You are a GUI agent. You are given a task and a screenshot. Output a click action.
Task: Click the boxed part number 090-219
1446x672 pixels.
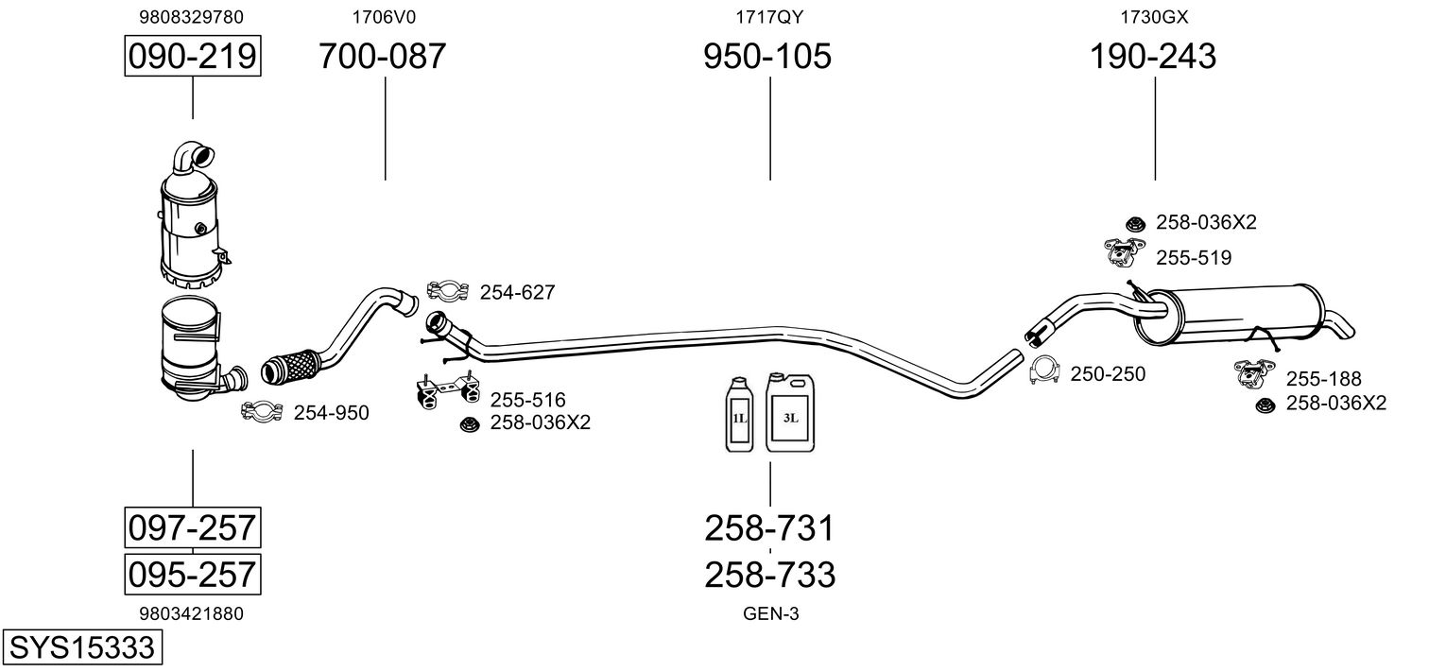point(192,57)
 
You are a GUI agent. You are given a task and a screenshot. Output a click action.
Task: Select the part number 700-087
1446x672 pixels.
point(382,57)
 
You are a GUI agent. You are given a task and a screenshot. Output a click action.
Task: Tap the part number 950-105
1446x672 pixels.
point(767,57)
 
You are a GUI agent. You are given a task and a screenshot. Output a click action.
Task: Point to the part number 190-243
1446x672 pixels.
point(1153,57)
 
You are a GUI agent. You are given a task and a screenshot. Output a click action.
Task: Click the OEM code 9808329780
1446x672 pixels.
point(191,17)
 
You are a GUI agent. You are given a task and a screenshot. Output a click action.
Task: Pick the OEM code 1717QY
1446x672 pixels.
point(769,17)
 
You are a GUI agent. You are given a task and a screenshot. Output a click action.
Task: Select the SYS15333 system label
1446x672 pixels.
point(81,647)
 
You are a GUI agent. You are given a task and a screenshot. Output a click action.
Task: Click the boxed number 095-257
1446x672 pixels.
point(192,574)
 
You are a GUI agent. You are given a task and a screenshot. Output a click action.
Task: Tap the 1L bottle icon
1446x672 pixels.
point(739,416)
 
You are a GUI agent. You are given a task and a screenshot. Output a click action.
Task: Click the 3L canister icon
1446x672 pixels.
point(790,416)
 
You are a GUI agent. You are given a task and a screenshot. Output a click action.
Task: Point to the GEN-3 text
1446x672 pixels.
point(771,614)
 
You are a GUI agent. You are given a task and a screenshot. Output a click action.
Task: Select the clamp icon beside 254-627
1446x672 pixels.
point(449,292)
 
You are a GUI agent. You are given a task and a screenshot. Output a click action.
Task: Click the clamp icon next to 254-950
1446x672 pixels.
point(263,411)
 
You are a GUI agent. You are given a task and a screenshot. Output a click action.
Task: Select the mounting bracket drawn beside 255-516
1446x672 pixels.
point(445,393)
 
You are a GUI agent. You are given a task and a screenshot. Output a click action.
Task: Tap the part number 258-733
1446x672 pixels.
point(769,574)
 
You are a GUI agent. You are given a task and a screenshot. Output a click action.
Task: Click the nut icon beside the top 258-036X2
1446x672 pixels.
point(1135,223)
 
